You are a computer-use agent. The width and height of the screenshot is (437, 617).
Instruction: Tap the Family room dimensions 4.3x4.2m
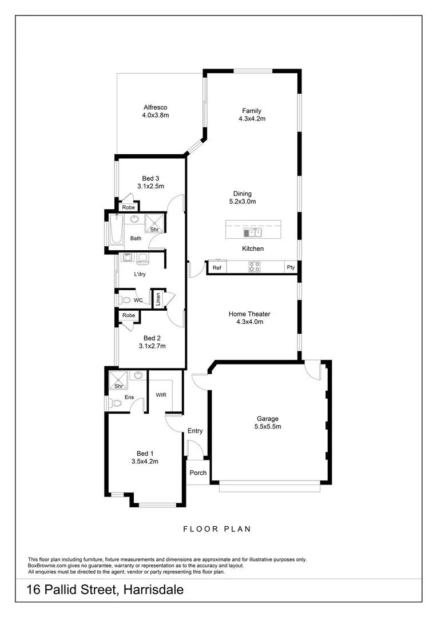(252, 119)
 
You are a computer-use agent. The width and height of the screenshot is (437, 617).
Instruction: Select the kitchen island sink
(252, 232)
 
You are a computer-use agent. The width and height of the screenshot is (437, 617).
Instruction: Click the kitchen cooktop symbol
(255, 267)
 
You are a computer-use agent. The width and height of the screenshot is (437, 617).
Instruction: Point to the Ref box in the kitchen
(217, 267)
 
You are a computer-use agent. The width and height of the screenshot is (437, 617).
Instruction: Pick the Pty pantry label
(291, 267)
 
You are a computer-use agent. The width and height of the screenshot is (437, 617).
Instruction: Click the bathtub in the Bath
(112, 232)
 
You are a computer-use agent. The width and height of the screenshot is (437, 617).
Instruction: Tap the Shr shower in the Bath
(154, 222)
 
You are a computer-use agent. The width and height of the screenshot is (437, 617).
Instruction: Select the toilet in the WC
(125, 300)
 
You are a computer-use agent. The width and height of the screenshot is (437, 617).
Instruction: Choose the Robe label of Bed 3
(128, 207)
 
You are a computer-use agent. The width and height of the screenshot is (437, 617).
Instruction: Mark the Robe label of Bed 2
(128, 315)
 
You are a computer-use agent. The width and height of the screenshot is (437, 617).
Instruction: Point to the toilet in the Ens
(116, 403)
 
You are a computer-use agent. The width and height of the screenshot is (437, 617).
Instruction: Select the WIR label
(161, 395)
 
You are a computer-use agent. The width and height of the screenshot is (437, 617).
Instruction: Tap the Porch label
(198, 473)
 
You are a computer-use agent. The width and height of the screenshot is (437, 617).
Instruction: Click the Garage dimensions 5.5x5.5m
(267, 426)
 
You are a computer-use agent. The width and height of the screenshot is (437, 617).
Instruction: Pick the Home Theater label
(249, 314)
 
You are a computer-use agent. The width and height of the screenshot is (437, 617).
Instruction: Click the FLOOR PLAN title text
(217, 529)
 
